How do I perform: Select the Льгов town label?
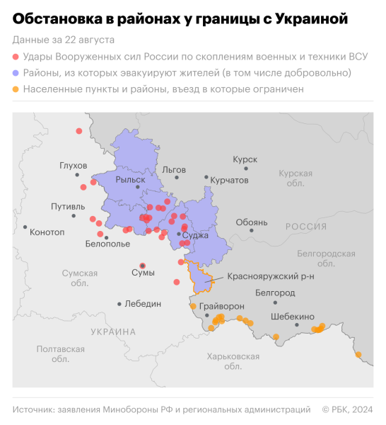click(x=174, y=170)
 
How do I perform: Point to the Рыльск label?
click(x=130, y=180)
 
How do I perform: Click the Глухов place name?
click(x=74, y=166)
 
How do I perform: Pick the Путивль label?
click(x=68, y=207)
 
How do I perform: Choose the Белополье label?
click(x=107, y=244)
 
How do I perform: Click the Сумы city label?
click(x=144, y=273)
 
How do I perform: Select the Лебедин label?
click(x=143, y=304)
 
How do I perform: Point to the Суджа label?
click(x=195, y=234)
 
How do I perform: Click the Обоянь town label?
click(x=252, y=222)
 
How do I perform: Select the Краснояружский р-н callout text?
click(x=271, y=276)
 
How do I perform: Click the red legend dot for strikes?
click(x=16, y=56)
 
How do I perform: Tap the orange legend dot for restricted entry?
click(x=16, y=90)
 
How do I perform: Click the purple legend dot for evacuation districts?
click(x=16, y=73)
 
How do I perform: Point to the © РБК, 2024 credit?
click(x=348, y=409)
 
